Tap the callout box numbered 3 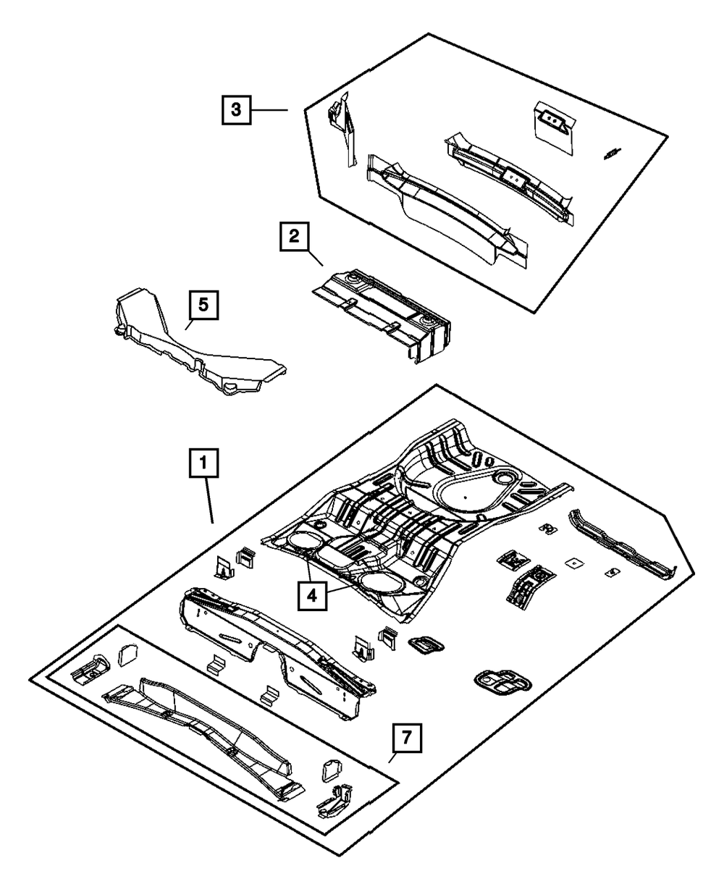[236, 110]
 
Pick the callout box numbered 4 [312, 597]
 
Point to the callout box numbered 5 [203, 306]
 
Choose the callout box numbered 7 [406, 739]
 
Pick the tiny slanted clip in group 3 [612, 153]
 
